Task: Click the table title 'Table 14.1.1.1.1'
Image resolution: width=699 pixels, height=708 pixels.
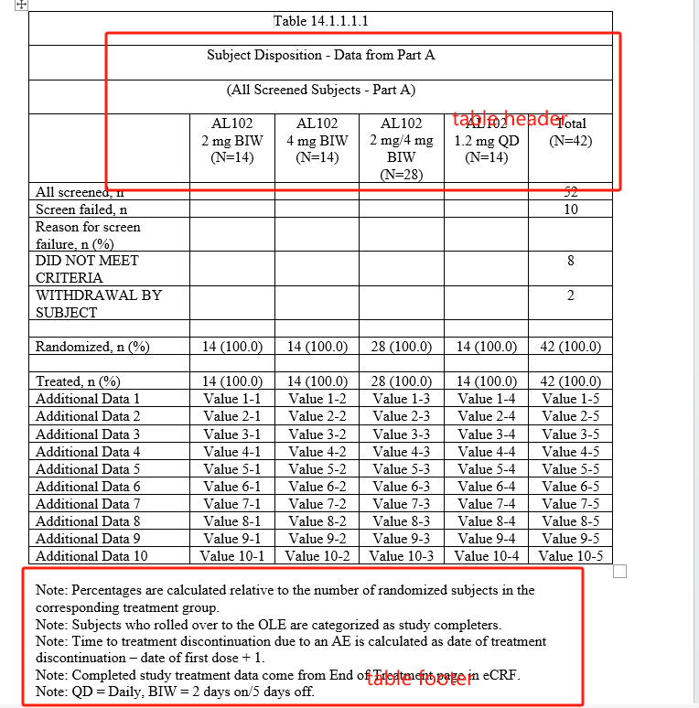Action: [320, 21]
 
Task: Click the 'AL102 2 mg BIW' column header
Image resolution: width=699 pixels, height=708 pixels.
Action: [227, 140]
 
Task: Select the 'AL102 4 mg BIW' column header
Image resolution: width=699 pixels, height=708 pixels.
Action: [317, 140]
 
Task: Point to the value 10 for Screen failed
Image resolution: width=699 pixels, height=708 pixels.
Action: [570, 209]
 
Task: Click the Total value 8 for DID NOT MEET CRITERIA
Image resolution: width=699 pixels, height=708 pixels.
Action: [570, 261]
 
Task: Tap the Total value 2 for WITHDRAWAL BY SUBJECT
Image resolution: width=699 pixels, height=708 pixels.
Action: [570, 295]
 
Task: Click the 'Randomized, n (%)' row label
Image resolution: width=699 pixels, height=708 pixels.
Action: [92, 347]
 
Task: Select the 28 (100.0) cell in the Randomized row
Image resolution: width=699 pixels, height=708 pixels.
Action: [401, 347]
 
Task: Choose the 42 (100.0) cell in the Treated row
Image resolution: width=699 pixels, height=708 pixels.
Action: [570, 381]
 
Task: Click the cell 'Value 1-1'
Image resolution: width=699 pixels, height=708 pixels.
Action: [232, 399]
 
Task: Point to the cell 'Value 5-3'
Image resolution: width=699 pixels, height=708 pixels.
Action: [401, 468]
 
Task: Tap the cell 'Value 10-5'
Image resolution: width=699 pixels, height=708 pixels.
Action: [570, 555]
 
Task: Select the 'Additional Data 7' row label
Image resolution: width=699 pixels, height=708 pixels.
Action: [88, 503]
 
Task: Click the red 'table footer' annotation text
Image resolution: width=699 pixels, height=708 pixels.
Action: [420, 678]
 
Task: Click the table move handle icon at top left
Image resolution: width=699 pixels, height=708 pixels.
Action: [21, 5]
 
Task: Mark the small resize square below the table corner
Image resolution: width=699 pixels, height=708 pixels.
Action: [619, 572]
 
